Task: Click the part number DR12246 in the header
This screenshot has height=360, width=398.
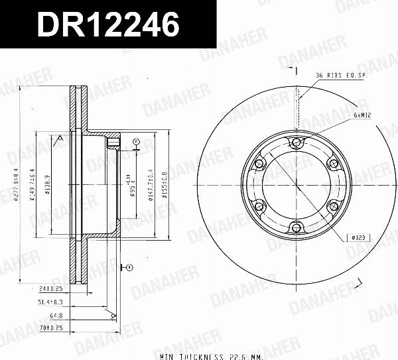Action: click(x=108, y=25)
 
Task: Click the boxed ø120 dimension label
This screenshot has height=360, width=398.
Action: click(x=359, y=236)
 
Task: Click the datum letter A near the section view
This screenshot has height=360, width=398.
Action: click(x=60, y=137)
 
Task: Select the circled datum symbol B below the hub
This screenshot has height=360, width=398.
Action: click(x=128, y=267)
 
